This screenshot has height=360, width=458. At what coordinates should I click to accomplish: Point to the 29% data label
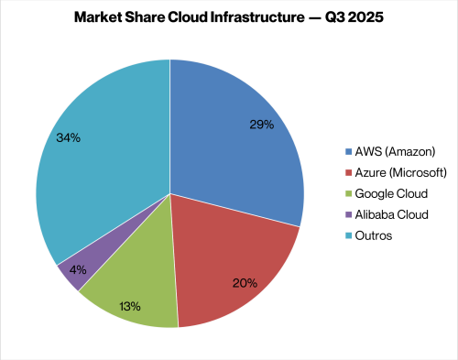tap(261, 125)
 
